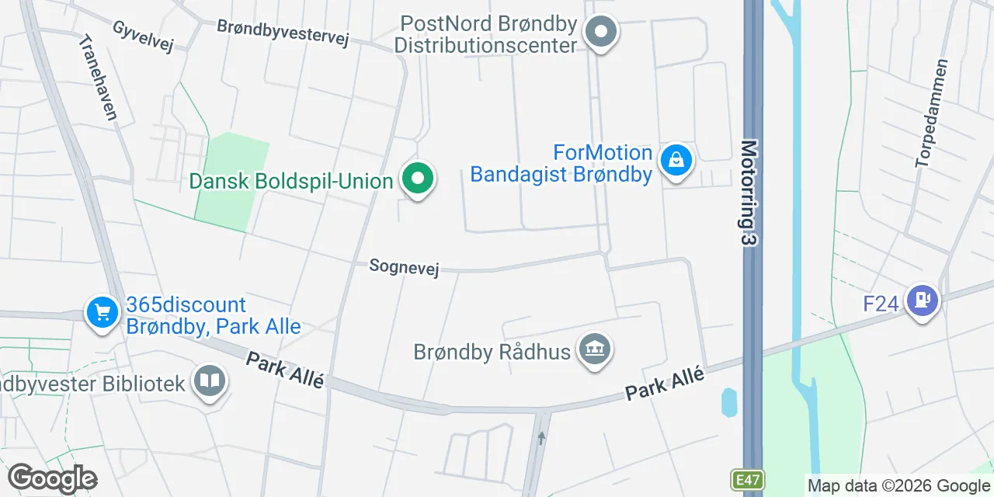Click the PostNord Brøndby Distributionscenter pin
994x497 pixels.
click(x=601, y=33)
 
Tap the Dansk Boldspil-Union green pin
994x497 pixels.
click(x=418, y=179)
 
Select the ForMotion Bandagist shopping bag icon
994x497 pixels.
click(x=676, y=161)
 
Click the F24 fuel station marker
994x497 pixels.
click(x=922, y=299)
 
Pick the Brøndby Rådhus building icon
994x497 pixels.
click(x=595, y=349)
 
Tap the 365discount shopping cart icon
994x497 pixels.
click(x=102, y=313)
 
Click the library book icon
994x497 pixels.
click(x=209, y=381)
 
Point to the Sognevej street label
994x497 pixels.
click(x=404, y=268)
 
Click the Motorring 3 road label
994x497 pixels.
click(x=748, y=193)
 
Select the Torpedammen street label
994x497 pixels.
click(x=932, y=113)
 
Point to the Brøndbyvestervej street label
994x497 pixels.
click(x=283, y=31)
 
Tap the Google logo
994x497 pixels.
click(x=53, y=478)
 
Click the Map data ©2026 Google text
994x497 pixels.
click(x=898, y=486)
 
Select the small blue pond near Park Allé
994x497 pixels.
click(x=729, y=401)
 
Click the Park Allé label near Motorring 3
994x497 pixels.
click(x=665, y=384)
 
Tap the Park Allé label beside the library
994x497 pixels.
click(x=284, y=371)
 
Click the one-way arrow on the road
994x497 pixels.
click(x=541, y=439)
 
